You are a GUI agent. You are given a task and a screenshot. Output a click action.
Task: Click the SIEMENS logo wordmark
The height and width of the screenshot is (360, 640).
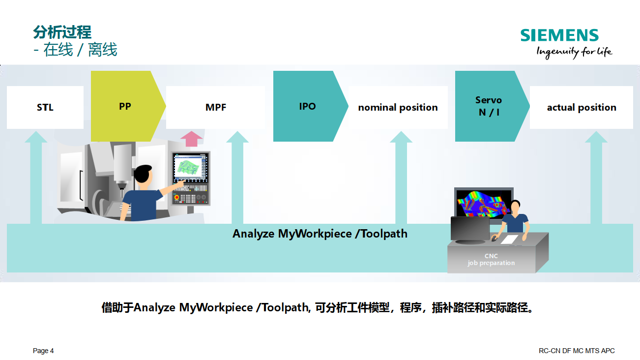[559, 35]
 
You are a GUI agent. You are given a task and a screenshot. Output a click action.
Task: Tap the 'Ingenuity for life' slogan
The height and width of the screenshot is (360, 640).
[574, 52]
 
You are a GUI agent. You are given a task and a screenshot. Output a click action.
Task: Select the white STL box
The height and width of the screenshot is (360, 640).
[45, 107]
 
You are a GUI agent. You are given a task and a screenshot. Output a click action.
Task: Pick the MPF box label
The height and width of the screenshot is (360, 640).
[216, 107]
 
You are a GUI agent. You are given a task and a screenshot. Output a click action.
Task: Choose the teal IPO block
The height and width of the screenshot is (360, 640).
[311, 106]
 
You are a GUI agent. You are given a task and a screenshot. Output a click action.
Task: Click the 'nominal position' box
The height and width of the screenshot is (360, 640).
[398, 107]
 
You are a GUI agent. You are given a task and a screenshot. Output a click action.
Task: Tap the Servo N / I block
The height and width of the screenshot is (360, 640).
[492, 106]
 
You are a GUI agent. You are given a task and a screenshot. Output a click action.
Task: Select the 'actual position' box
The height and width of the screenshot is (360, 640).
[582, 107]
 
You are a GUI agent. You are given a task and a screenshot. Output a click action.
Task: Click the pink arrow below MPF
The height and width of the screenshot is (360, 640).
[191, 139]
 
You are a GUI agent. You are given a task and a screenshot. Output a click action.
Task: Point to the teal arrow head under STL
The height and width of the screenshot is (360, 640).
[36, 137]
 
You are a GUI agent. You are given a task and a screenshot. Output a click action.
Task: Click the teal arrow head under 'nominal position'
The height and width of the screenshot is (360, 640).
[401, 137]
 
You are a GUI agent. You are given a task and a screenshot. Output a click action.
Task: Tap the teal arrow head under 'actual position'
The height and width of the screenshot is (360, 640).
[596, 137]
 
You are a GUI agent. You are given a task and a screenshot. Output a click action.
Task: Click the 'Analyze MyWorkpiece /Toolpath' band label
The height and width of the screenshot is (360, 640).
[320, 234]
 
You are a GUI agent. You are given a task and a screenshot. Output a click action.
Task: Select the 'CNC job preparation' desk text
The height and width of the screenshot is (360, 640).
[491, 259]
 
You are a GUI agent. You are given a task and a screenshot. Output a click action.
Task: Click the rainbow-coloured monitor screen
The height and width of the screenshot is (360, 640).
[483, 204]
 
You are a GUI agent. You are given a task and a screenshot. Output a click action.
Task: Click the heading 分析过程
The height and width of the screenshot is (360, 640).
[62, 32]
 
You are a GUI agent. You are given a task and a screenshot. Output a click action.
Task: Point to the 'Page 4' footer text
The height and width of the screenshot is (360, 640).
[43, 351]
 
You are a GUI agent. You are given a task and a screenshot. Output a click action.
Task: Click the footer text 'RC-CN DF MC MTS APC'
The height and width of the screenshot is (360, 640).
[577, 351]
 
